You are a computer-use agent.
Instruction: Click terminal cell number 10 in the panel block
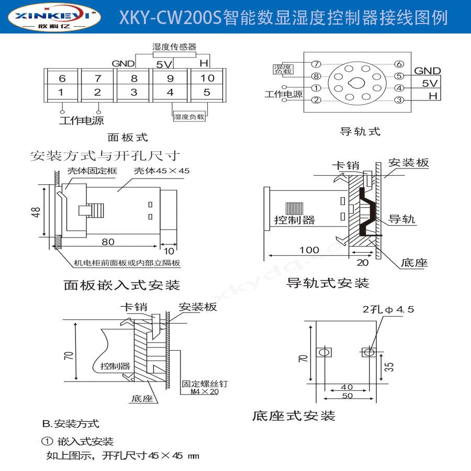[207, 78]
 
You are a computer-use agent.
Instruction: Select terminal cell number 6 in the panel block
[62, 78]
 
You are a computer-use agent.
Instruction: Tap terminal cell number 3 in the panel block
[134, 93]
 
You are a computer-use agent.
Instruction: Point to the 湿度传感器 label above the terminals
[170, 47]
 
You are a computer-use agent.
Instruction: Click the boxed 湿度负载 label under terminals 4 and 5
[189, 117]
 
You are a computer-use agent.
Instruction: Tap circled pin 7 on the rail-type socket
[316, 64]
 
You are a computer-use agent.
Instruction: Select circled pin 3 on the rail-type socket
[399, 100]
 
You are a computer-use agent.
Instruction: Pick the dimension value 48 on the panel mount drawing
[36, 212]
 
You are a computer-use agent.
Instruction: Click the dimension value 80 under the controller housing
[108, 242]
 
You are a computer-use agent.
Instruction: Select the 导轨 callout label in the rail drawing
[402, 219]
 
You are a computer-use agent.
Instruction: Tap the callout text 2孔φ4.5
[388, 309]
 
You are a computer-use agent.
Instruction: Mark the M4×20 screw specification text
[204, 391]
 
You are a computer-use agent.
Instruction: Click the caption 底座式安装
[293, 416]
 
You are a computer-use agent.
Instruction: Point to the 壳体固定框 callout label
[92, 171]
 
